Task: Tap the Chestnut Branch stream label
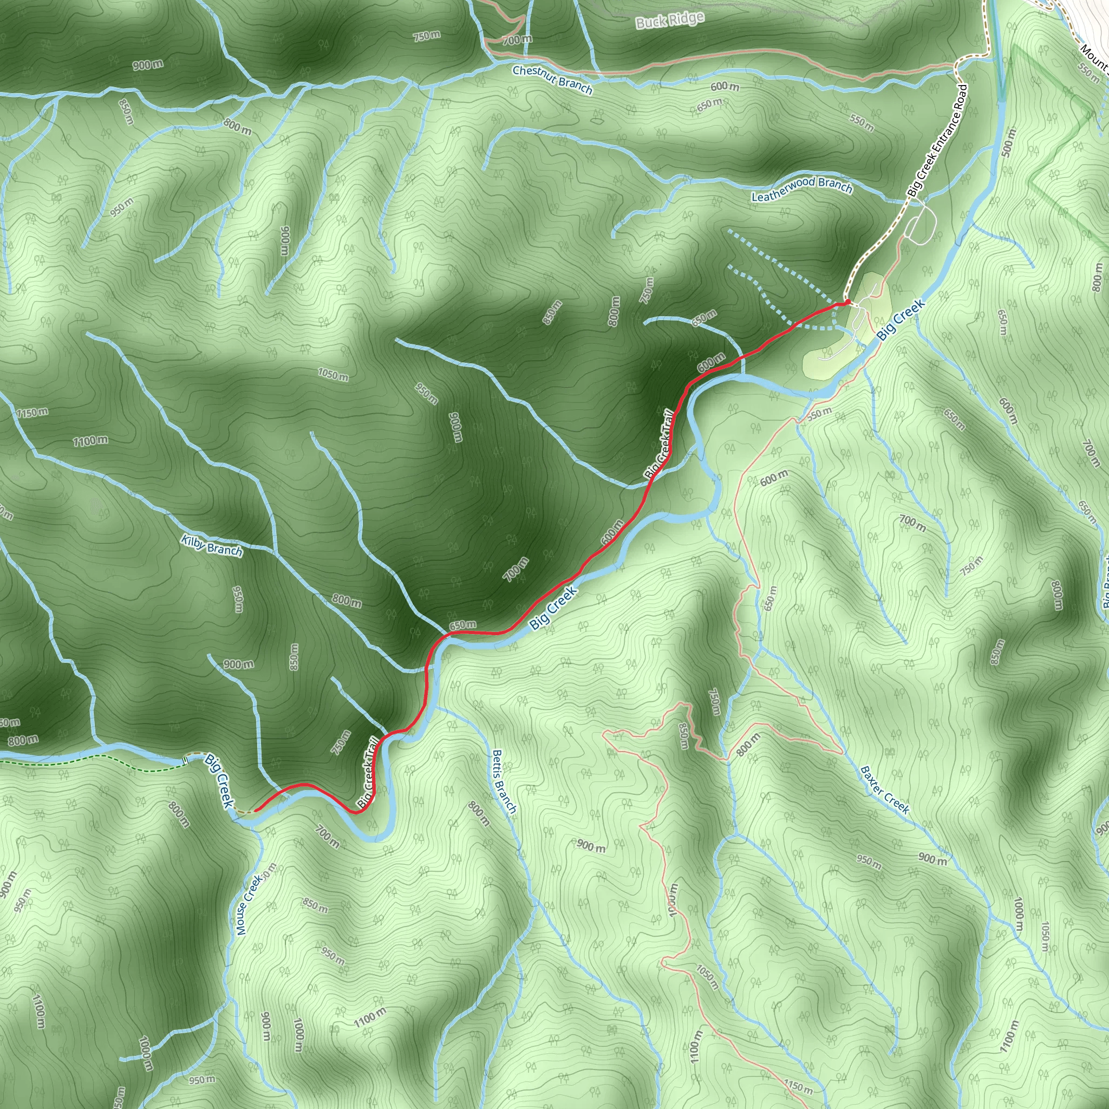552,80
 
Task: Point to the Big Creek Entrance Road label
937,141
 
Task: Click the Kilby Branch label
212,545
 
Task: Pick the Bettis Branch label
504,781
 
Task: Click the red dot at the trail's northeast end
847,302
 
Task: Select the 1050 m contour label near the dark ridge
333,375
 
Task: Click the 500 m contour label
1007,143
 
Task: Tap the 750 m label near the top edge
427,36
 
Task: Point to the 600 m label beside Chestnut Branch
725,87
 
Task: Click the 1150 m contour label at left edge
32,412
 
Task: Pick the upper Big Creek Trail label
659,443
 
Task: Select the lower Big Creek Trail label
368,773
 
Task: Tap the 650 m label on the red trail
462,624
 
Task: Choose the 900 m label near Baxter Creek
933,859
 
